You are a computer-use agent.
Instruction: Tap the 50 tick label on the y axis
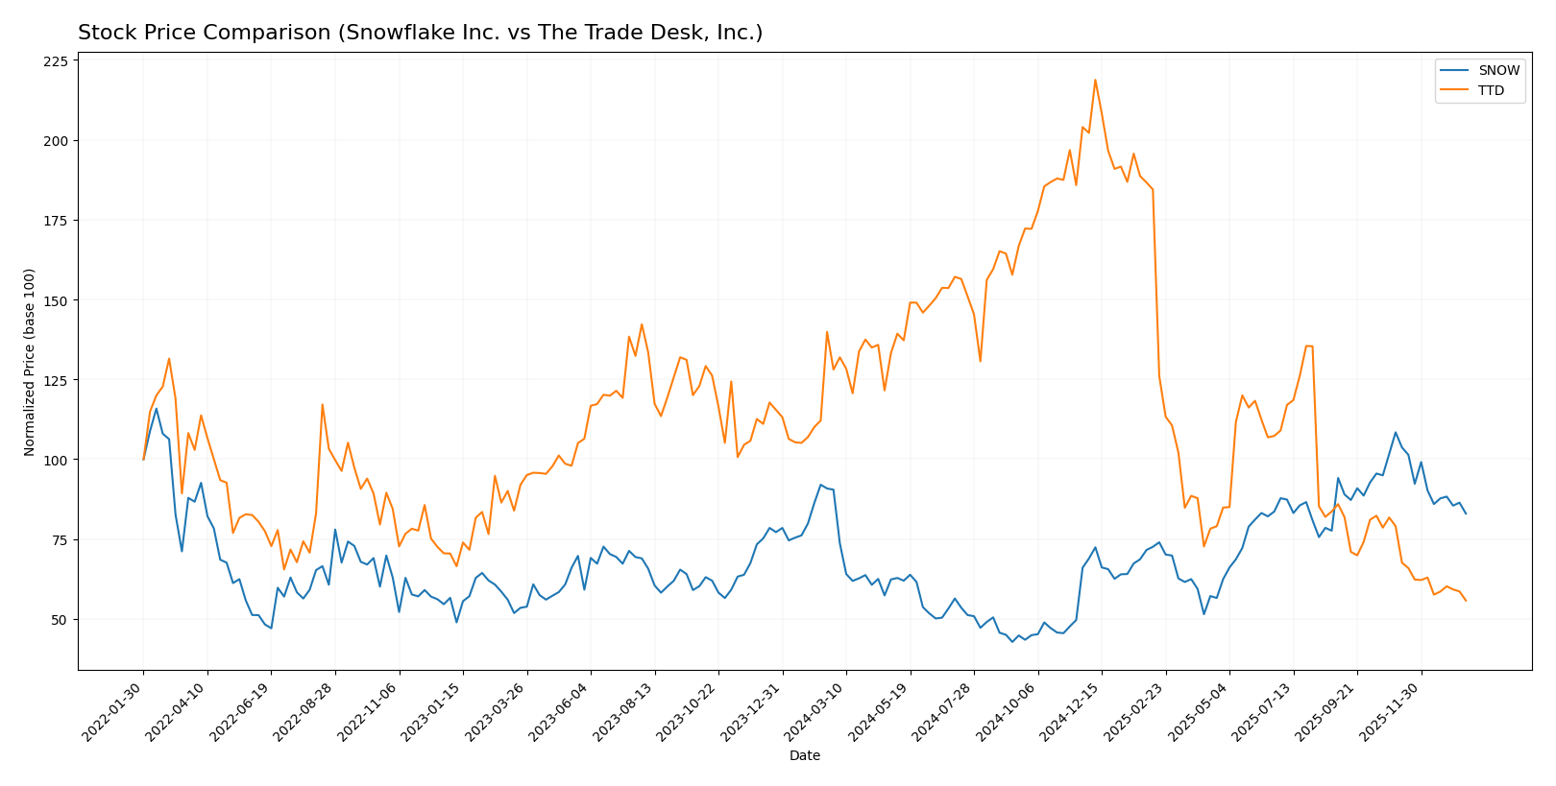(60, 620)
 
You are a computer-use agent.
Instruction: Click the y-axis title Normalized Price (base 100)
(30, 362)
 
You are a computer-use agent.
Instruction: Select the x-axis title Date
(805, 756)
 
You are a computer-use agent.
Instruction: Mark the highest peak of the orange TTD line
(1095, 80)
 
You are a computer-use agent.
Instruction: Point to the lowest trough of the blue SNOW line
(1012, 641)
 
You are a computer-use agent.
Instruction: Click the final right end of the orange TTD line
(1466, 601)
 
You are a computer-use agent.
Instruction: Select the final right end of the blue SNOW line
(1466, 513)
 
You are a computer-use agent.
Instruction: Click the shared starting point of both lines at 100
(144, 460)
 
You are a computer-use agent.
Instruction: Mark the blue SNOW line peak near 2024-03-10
(821, 485)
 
